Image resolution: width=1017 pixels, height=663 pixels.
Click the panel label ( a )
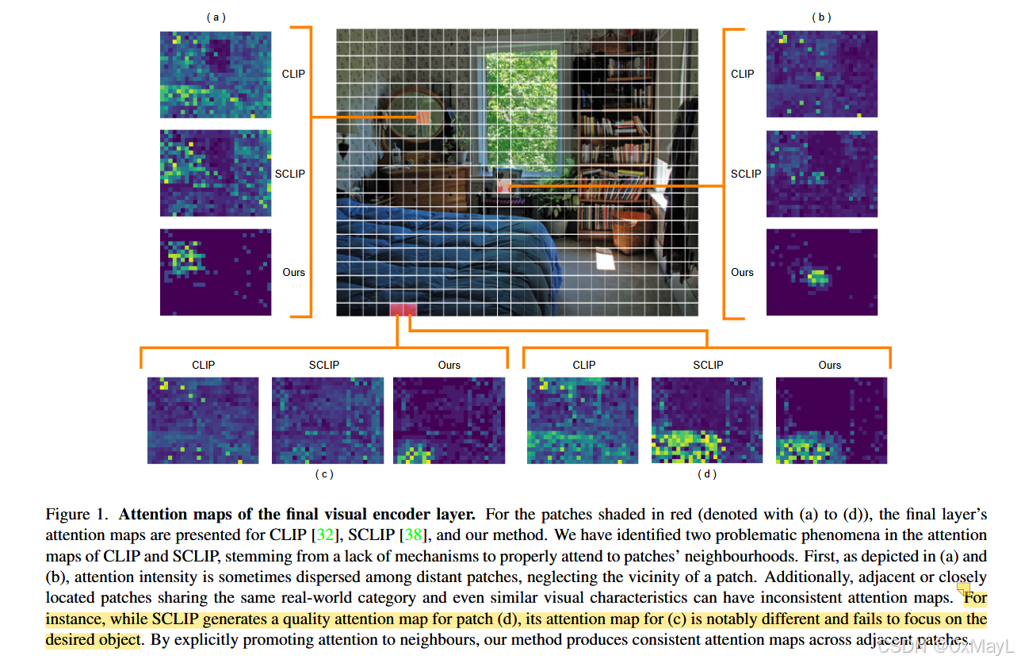click(x=216, y=17)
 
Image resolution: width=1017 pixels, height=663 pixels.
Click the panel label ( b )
click(x=821, y=17)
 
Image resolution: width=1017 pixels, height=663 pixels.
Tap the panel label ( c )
click(x=323, y=474)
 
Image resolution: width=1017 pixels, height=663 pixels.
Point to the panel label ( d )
click(x=707, y=474)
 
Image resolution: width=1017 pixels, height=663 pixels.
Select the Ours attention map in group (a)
click(x=216, y=272)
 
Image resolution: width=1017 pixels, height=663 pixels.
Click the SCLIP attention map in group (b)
click(x=822, y=174)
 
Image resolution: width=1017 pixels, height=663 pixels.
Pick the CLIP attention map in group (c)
click(x=203, y=420)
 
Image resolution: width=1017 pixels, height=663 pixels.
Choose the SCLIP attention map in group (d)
click(x=707, y=420)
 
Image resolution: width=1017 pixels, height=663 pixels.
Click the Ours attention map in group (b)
click(x=822, y=272)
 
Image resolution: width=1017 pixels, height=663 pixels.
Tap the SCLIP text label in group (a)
click(x=289, y=174)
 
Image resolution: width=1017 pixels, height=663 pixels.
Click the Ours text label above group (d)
click(x=830, y=365)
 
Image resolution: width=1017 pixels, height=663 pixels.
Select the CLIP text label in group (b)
click(x=743, y=74)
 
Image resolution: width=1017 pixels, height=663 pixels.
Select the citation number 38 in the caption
click(x=414, y=535)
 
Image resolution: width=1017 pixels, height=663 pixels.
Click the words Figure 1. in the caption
click(x=78, y=515)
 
